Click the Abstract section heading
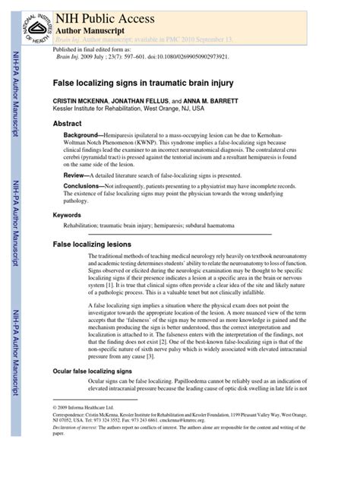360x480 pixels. [67, 123]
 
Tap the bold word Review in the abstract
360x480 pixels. [77, 174]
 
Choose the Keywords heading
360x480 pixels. [67, 216]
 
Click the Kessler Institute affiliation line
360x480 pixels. [128, 109]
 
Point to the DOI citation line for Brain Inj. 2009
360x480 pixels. [144, 56]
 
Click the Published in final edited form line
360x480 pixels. [92, 49]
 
